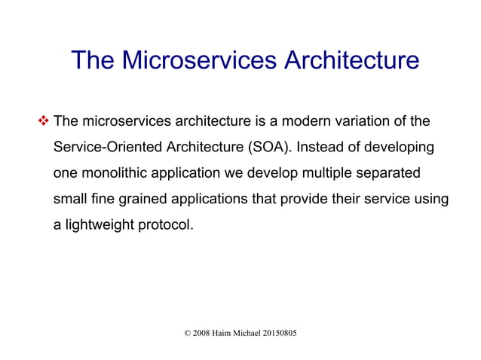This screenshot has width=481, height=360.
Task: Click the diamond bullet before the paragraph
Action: coord(43,121)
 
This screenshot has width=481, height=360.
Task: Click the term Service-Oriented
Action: coord(101,147)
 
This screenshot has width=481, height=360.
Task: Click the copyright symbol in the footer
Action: coord(187,332)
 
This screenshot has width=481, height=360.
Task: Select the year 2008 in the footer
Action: coord(201,332)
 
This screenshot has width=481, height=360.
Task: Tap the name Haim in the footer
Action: coord(225,332)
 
